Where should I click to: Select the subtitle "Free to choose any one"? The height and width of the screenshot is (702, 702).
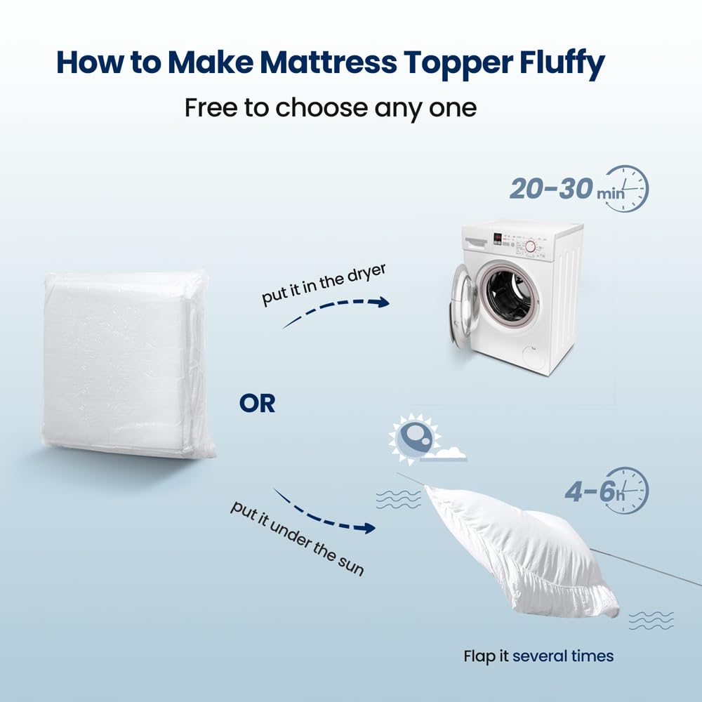[x=330, y=108]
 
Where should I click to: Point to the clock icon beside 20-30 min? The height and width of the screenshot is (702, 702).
[x=626, y=189]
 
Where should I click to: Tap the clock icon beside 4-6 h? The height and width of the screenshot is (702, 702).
[x=628, y=489]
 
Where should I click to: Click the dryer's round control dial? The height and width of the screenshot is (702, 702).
[x=531, y=246]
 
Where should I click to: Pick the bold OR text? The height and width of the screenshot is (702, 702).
[x=257, y=404]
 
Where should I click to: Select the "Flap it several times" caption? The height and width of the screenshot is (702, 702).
[x=538, y=656]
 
